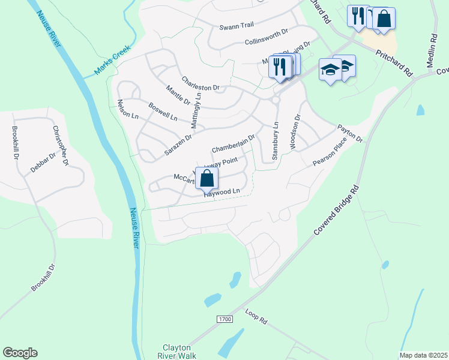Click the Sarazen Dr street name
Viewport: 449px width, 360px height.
(x=178, y=146)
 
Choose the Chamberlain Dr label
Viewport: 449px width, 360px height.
(x=234, y=143)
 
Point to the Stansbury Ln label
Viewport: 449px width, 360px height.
(x=276, y=142)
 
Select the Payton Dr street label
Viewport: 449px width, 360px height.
(x=350, y=133)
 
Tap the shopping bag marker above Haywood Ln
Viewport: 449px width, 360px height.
(x=207, y=178)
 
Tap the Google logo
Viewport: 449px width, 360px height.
(x=20, y=353)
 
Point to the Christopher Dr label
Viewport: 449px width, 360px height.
(x=60, y=146)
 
